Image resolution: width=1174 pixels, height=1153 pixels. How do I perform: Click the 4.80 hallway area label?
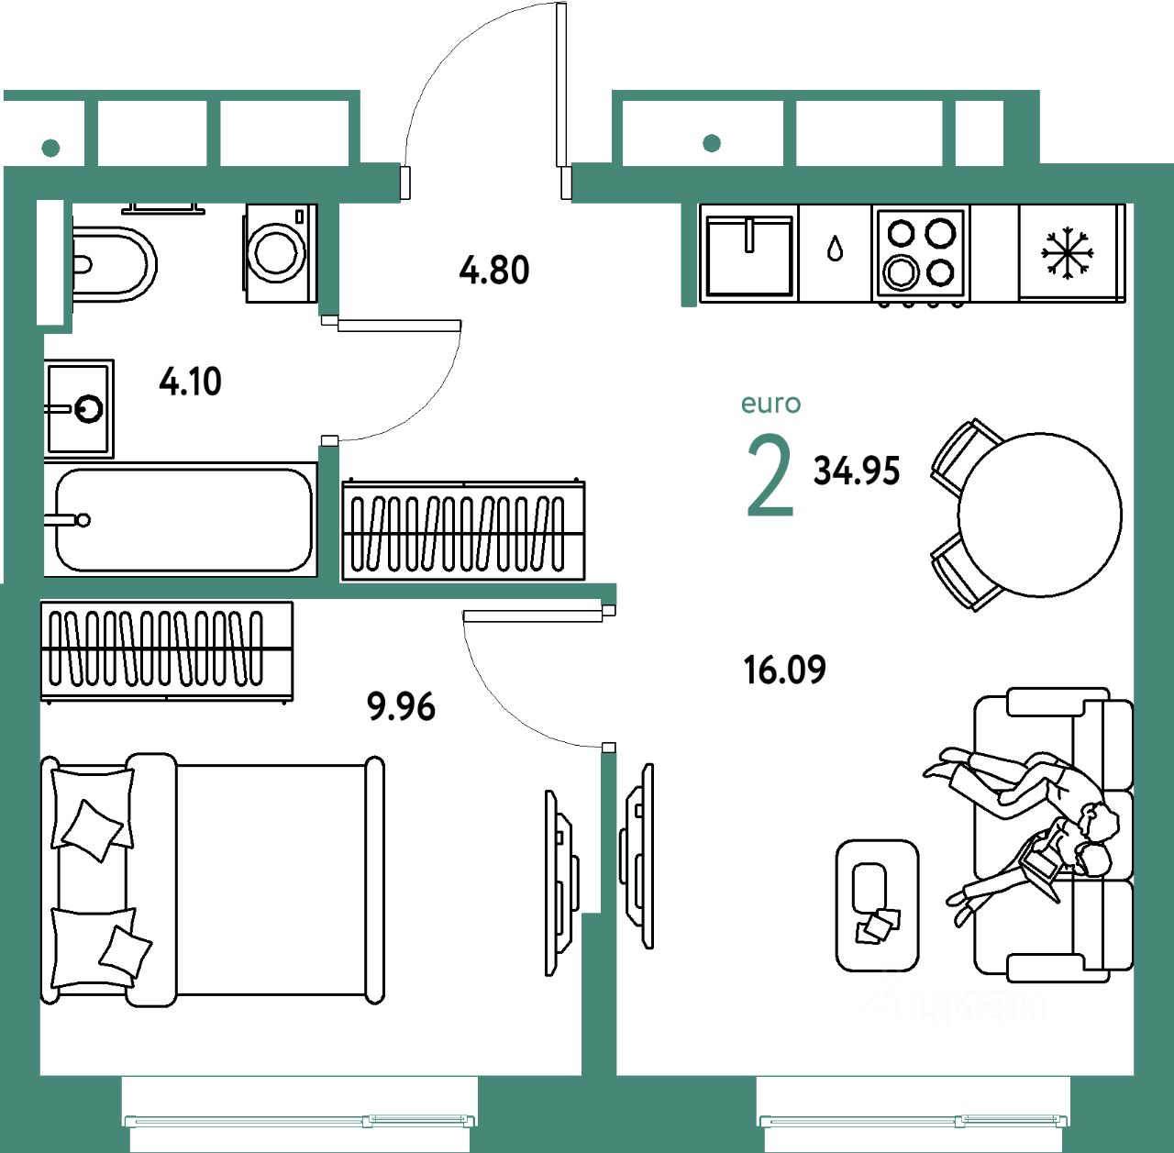[x=494, y=271]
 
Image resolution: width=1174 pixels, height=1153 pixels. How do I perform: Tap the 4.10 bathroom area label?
[x=190, y=381]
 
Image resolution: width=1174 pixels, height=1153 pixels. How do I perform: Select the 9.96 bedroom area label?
[x=401, y=707]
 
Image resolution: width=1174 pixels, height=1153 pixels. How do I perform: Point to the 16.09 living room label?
[x=784, y=671]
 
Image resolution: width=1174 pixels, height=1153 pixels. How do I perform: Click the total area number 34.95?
[x=857, y=471]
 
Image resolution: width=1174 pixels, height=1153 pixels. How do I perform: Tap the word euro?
[x=770, y=404]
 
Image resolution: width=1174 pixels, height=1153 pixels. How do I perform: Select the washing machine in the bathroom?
[x=279, y=253]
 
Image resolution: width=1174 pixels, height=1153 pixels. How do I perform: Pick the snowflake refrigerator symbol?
[x=1068, y=252]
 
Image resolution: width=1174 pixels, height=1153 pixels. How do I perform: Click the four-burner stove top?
[x=920, y=252]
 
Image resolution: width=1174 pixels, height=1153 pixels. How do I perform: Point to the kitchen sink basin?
[x=748, y=255]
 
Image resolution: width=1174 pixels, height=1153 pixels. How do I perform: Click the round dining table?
[x=1039, y=514]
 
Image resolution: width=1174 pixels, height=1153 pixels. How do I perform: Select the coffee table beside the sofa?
[x=877, y=904]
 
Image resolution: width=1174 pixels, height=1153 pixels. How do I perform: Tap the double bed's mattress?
[x=271, y=881]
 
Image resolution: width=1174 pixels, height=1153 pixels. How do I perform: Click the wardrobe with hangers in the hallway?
[x=463, y=531]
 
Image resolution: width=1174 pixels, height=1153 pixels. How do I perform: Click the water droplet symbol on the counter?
[x=835, y=249]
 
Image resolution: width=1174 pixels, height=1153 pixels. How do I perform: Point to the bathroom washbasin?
[x=79, y=408]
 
